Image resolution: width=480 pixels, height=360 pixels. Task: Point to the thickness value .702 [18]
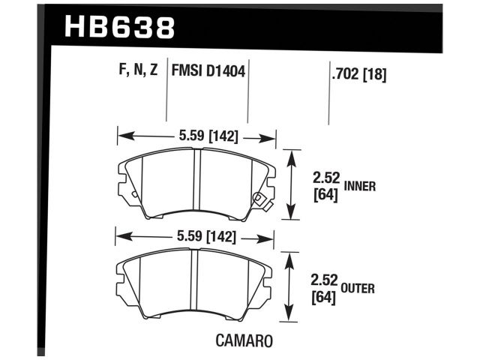tap(358, 73)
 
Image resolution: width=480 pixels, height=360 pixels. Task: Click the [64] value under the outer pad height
tap(324, 297)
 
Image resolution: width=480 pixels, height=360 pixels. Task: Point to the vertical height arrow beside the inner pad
tap(292, 184)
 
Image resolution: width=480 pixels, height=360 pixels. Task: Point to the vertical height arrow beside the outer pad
tap(291, 287)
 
